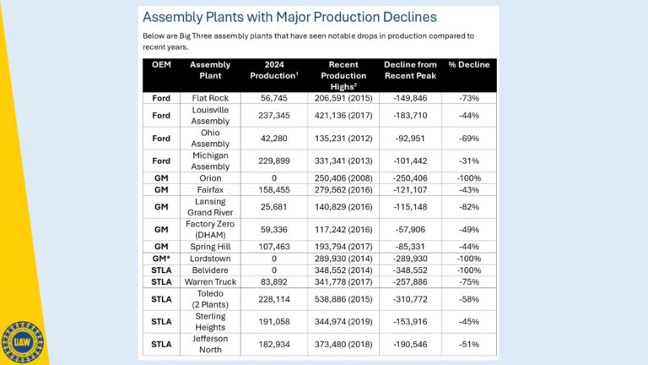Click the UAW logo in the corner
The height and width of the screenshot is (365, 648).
click(22, 343)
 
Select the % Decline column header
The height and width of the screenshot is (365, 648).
click(468, 64)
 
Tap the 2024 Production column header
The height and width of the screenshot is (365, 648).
click(274, 70)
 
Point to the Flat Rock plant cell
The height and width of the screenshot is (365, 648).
click(210, 98)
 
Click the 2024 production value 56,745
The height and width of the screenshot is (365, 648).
click(273, 98)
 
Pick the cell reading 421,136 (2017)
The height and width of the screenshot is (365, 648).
click(343, 116)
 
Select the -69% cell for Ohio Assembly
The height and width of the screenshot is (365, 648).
click(468, 139)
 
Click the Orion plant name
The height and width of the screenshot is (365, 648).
click(210, 178)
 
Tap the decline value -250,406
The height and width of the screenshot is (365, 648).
click(410, 178)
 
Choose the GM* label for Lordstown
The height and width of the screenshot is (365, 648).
click(161, 259)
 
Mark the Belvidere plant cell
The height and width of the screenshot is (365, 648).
click(210, 270)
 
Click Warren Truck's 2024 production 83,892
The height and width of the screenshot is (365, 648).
click(273, 282)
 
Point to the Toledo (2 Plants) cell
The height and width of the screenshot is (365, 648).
click(210, 299)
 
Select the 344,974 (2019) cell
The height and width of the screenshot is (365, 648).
click(343, 322)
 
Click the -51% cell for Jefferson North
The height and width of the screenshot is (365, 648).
click(468, 345)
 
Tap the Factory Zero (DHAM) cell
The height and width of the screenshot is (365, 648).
click(210, 229)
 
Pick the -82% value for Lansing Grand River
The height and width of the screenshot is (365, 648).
click(468, 207)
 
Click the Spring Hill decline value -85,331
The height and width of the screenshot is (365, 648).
click(410, 247)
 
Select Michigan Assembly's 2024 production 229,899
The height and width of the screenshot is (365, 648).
click(273, 161)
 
